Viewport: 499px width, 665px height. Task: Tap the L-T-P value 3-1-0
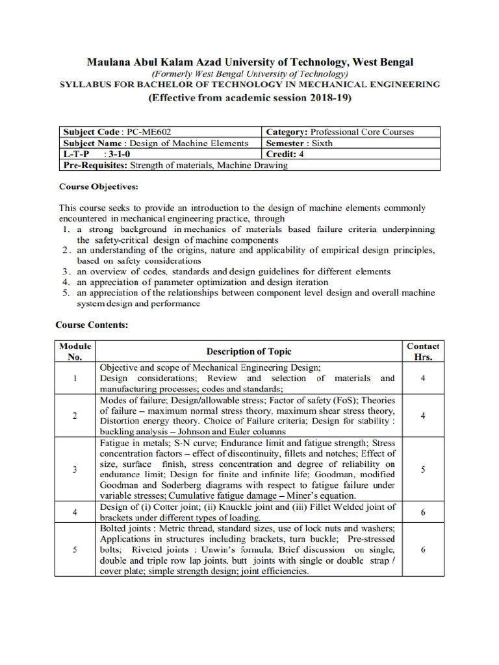pos(122,154)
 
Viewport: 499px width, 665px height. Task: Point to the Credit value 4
pos(301,154)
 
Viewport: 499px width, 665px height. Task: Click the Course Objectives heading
pos(99,186)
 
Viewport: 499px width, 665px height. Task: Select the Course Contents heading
pos(92,325)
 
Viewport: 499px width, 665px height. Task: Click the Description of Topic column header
pos(249,351)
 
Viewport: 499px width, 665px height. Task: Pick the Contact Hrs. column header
pos(423,351)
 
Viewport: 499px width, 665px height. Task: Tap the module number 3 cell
pos(75,470)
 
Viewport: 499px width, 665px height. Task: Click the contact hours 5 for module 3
pos(423,470)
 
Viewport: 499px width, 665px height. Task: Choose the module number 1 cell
pos(75,378)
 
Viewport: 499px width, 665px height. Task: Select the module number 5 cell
pos(75,550)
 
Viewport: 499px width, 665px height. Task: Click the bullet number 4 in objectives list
pos(66,282)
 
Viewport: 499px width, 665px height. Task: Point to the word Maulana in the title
pos(109,62)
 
